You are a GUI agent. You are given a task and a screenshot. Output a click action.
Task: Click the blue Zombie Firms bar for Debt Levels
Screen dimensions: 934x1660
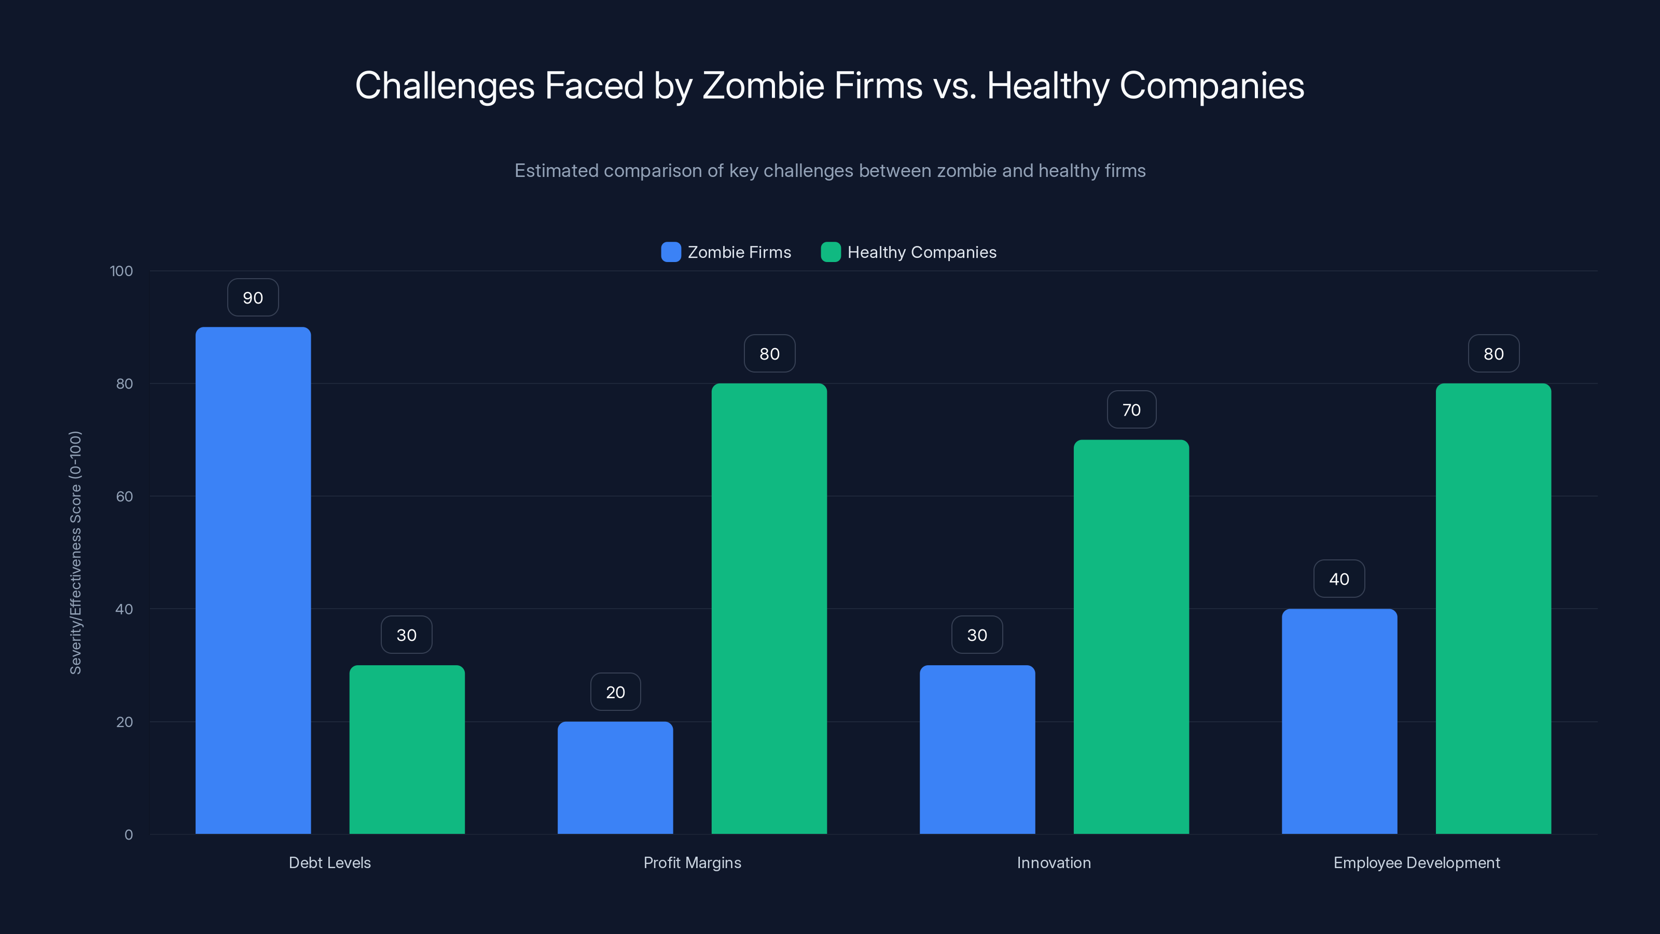tap(253, 580)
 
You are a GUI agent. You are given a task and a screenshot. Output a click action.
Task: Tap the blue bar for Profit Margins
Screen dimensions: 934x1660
tap(615, 777)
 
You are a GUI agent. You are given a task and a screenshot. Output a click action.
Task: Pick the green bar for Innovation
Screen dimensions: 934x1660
tap(1131, 636)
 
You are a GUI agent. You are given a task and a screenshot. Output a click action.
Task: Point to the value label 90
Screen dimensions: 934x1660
tap(253, 298)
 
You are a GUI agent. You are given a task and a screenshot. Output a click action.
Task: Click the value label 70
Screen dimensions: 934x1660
tap(1131, 410)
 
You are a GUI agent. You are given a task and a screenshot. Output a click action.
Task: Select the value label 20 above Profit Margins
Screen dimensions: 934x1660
tap(615, 692)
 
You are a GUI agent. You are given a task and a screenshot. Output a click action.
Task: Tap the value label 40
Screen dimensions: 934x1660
tap(1339, 579)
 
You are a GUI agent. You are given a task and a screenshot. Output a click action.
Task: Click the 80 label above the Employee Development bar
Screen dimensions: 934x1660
tap(1493, 354)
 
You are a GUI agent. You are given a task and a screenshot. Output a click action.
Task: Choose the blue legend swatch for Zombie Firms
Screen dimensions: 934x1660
tap(671, 252)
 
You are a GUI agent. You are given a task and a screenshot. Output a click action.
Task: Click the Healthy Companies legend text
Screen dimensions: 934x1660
tap(921, 252)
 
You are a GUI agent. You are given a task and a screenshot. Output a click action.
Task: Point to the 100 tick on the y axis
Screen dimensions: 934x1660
tap(121, 271)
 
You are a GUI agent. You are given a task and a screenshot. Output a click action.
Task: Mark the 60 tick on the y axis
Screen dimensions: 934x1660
tap(125, 497)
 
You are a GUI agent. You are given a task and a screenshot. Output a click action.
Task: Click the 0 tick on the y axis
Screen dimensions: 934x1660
tap(128, 835)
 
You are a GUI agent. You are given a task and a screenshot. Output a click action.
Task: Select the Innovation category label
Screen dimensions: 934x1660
tap(1054, 862)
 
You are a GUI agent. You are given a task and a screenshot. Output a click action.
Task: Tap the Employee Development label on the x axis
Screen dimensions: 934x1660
tap(1416, 862)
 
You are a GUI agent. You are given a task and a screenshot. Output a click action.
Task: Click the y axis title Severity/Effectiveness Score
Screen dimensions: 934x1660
tap(75, 553)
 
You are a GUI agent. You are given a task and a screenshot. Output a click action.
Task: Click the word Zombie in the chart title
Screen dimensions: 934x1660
tap(763, 85)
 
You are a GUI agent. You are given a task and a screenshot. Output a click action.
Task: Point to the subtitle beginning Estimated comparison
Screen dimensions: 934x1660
tap(830, 171)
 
